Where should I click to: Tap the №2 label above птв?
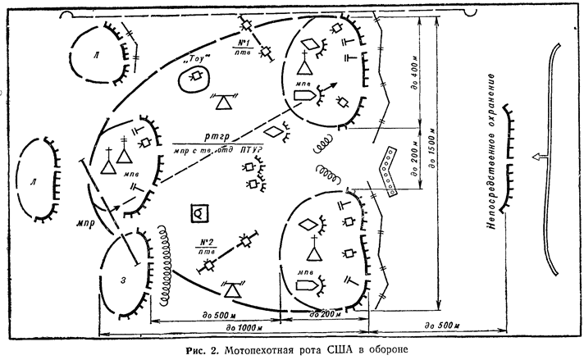tap(206, 242)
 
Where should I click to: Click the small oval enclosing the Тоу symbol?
tap(195, 78)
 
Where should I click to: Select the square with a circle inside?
tap(198, 213)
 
